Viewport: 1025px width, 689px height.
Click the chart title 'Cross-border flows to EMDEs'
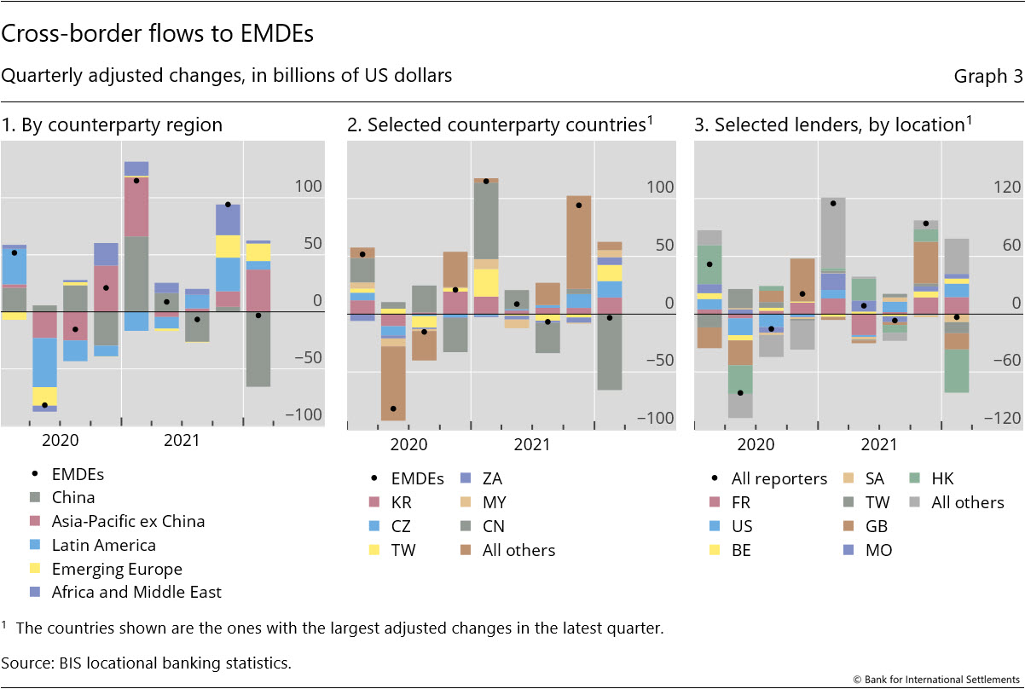158,34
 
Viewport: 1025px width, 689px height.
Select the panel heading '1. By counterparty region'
112,124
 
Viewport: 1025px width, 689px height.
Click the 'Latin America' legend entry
104,545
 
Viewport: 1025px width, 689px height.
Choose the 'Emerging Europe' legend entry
117,568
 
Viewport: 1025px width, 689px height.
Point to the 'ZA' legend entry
492,478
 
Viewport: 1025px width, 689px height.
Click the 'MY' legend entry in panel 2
494,502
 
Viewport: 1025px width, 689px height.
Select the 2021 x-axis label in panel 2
532,444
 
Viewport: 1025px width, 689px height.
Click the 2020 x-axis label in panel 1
60,440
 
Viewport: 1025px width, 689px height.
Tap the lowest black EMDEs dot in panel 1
44,405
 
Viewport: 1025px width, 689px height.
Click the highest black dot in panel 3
833,203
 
